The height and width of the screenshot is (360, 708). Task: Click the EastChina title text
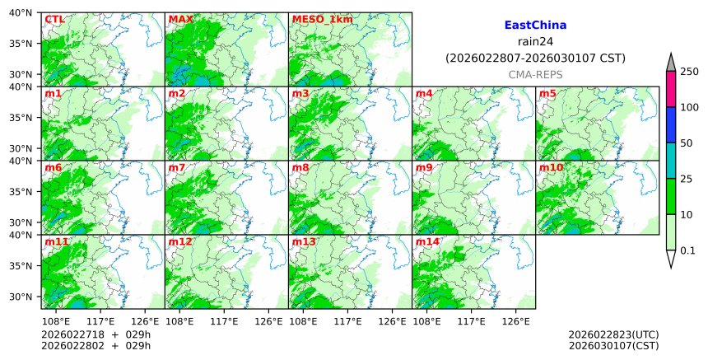pyautogui.click(x=535, y=26)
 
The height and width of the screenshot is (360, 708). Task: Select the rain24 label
pyautogui.click(x=535, y=42)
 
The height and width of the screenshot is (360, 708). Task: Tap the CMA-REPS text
pyautogui.click(x=535, y=74)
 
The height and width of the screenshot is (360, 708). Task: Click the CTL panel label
pyautogui.click(x=54, y=19)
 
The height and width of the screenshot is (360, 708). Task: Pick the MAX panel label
pyautogui.click(x=180, y=19)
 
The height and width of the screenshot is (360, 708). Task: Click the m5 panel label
pyautogui.click(x=547, y=93)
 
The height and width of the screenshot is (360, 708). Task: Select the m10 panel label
pyautogui.click(x=551, y=167)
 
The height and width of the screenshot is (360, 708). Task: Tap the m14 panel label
pyautogui.click(x=427, y=241)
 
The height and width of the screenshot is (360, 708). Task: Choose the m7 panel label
pyautogui.click(x=177, y=167)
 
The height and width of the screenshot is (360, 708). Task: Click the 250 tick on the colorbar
pyautogui.click(x=689, y=72)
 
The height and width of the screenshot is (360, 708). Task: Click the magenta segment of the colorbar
pyautogui.click(x=670, y=89)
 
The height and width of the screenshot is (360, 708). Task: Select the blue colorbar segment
pyautogui.click(x=670, y=125)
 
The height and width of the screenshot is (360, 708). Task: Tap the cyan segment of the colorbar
pyautogui.click(x=670, y=161)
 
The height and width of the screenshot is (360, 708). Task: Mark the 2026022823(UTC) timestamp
pyautogui.click(x=613, y=334)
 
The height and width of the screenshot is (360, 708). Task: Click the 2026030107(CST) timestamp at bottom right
pyautogui.click(x=613, y=345)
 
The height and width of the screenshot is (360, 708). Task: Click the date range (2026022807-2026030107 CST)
pyautogui.click(x=535, y=58)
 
